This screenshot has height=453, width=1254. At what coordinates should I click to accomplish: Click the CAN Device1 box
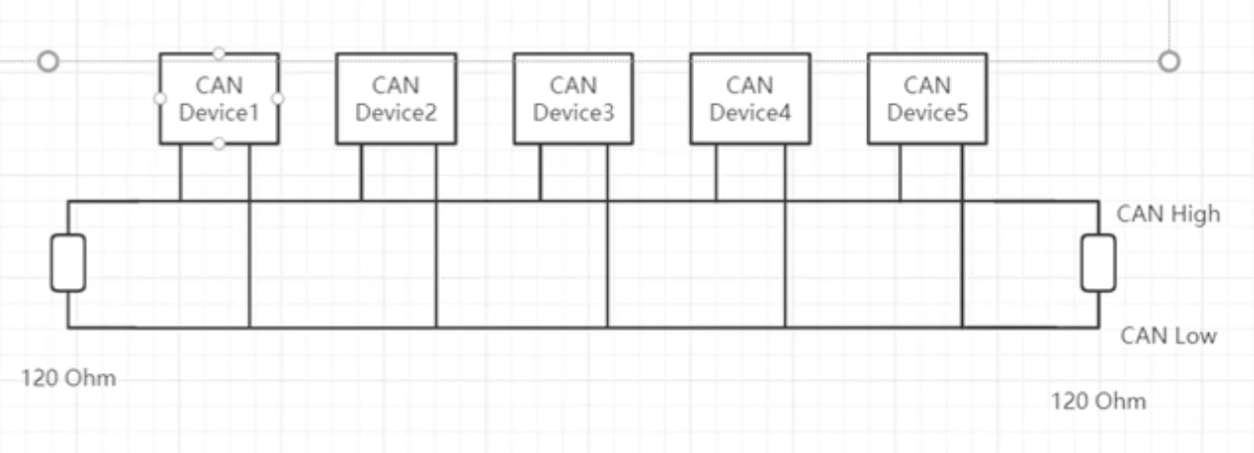click(x=219, y=99)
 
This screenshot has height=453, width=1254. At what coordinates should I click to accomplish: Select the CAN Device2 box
click(x=397, y=99)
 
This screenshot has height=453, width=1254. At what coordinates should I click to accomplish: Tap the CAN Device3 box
click(x=573, y=99)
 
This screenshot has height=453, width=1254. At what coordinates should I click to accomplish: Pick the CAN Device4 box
click(x=751, y=99)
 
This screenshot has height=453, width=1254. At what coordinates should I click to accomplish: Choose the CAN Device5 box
click(x=928, y=99)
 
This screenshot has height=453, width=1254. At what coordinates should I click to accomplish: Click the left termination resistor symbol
click(x=69, y=263)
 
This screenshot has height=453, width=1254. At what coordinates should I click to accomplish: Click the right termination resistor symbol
click(x=1098, y=263)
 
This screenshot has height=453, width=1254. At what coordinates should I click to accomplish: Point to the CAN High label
click(x=1168, y=215)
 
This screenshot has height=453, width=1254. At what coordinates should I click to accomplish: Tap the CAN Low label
click(x=1168, y=336)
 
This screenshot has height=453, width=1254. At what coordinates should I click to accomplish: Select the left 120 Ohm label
click(x=69, y=378)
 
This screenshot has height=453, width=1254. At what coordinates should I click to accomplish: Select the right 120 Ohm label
click(x=1098, y=401)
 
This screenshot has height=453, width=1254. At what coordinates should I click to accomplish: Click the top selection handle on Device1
click(x=219, y=53)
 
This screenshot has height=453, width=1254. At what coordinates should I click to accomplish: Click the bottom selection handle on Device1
click(x=219, y=144)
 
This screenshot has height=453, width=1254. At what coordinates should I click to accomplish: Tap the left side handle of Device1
click(x=159, y=99)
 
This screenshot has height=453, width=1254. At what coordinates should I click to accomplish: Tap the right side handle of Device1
click(x=278, y=99)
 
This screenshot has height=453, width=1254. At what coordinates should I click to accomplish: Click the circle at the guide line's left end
click(x=48, y=61)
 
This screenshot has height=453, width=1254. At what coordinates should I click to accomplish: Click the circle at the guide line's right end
click(x=1169, y=61)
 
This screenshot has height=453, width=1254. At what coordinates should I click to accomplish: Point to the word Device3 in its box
click(x=573, y=113)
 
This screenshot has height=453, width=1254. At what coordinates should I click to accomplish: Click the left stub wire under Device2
click(x=362, y=172)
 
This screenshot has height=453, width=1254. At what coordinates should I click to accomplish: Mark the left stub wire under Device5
click(x=900, y=172)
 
